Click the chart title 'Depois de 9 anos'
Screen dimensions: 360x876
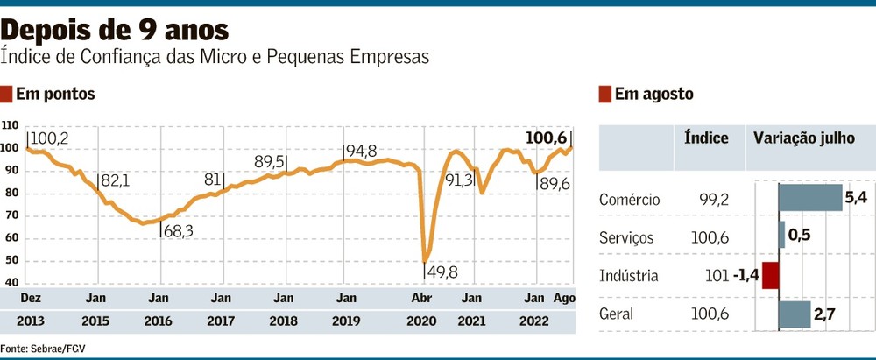(117, 30)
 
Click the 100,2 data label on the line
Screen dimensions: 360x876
(50, 138)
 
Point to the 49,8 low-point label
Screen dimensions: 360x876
(442, 272)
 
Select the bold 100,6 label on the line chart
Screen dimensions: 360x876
(546, 138)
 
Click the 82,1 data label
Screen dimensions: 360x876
(115, 180)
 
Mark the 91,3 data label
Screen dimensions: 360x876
(460, 180)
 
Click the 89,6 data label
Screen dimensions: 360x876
(554, 184)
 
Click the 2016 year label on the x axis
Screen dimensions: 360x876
(159, 321)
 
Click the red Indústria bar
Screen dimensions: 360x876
(770, 276)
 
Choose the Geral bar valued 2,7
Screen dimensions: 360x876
(795, 314)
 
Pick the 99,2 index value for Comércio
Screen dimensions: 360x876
(711, 200)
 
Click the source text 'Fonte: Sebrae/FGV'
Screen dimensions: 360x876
(43, 348)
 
